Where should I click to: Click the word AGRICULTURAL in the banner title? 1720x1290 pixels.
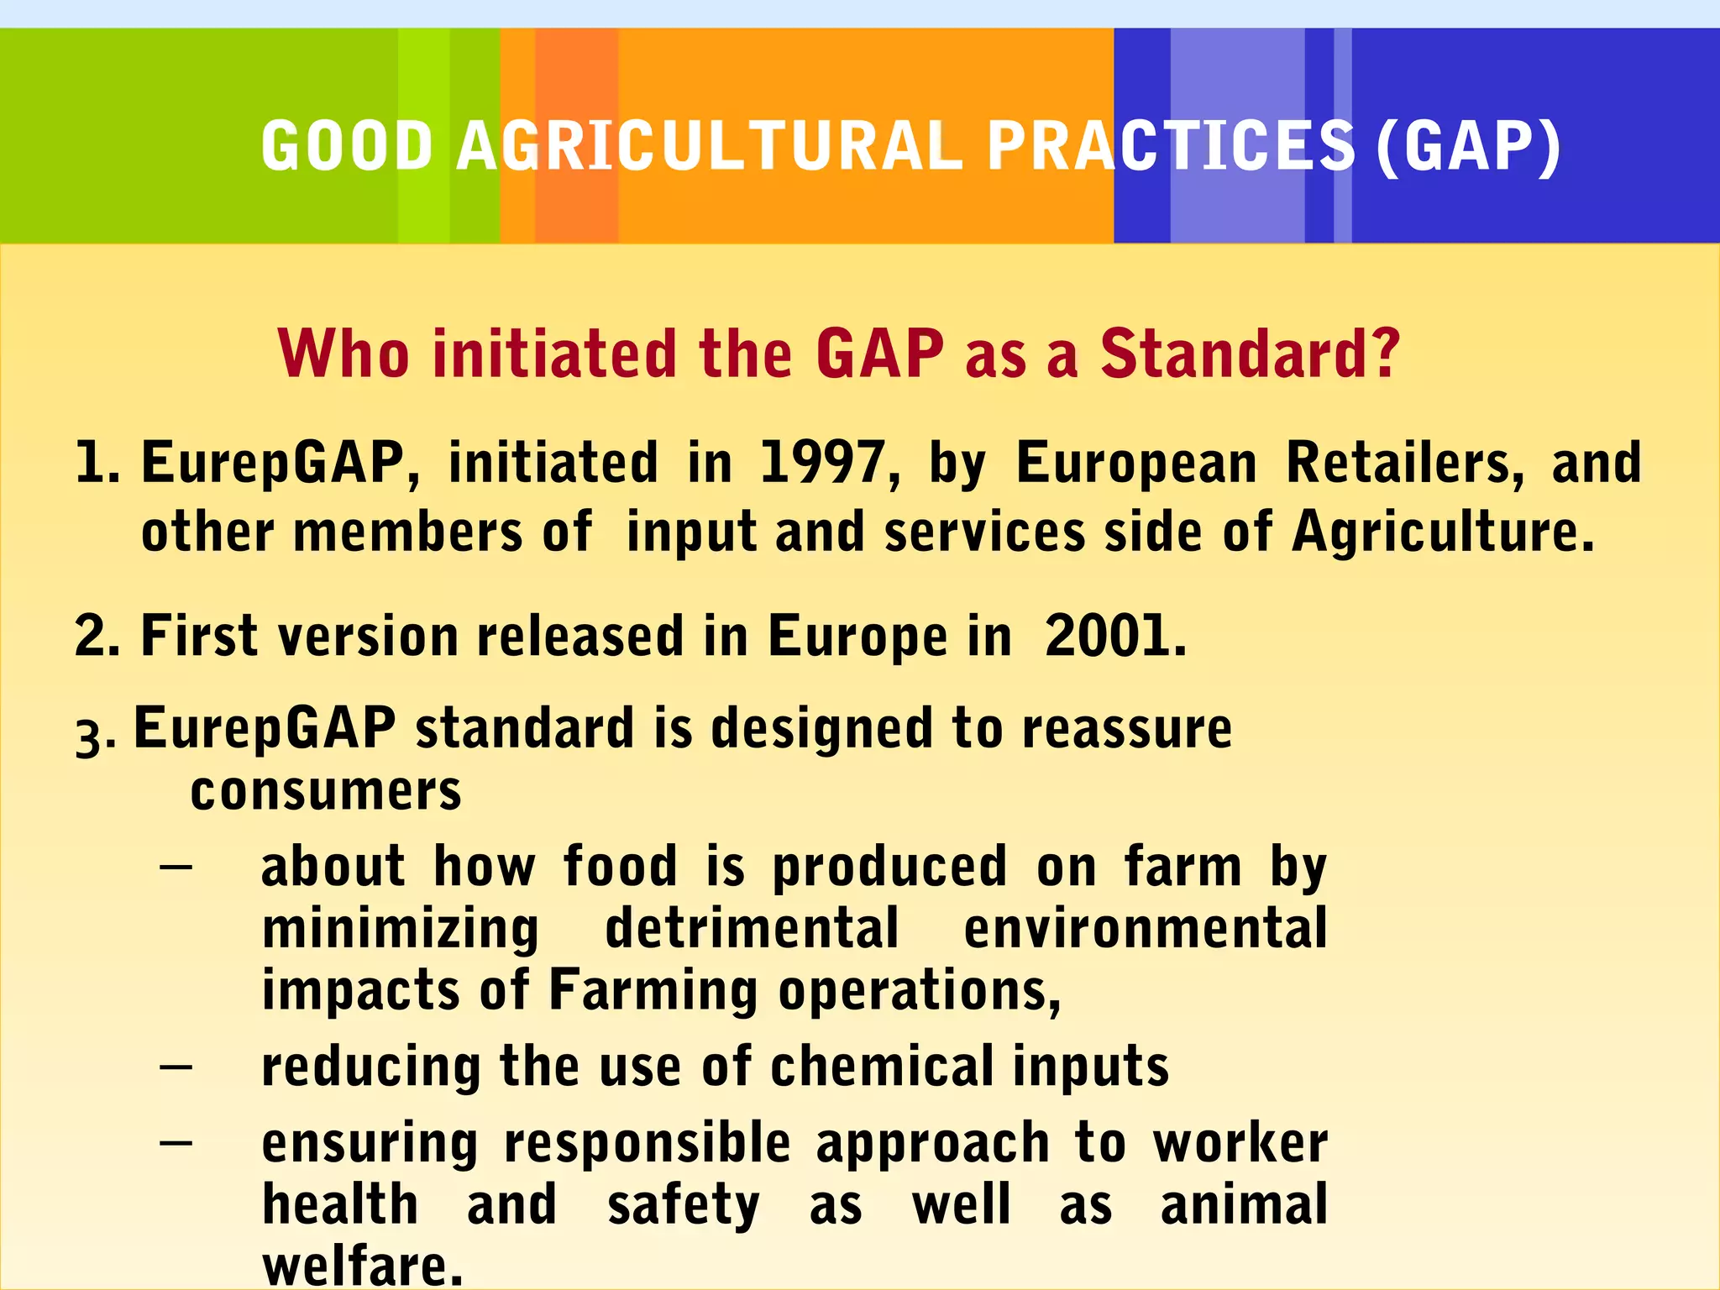(x=710, y=146)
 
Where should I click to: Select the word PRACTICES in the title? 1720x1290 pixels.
(x=1171, y=146)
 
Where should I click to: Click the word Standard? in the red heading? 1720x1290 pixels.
(x=1250, y=354)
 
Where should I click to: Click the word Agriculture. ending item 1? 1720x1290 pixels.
(x=1442, y=532)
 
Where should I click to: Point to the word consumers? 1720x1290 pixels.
(x=326, y=791)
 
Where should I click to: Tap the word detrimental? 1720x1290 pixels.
(x=752, y=928)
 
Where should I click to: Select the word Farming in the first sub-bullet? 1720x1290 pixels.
(x=653, y=991)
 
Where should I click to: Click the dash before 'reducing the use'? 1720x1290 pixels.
(x=176, y=1067)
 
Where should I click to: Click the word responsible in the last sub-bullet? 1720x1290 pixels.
(x=647, y=1144)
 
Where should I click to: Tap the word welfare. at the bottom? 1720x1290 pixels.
(x=362, y=1266)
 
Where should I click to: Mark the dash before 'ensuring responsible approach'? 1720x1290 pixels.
(x=176, y=1143)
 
